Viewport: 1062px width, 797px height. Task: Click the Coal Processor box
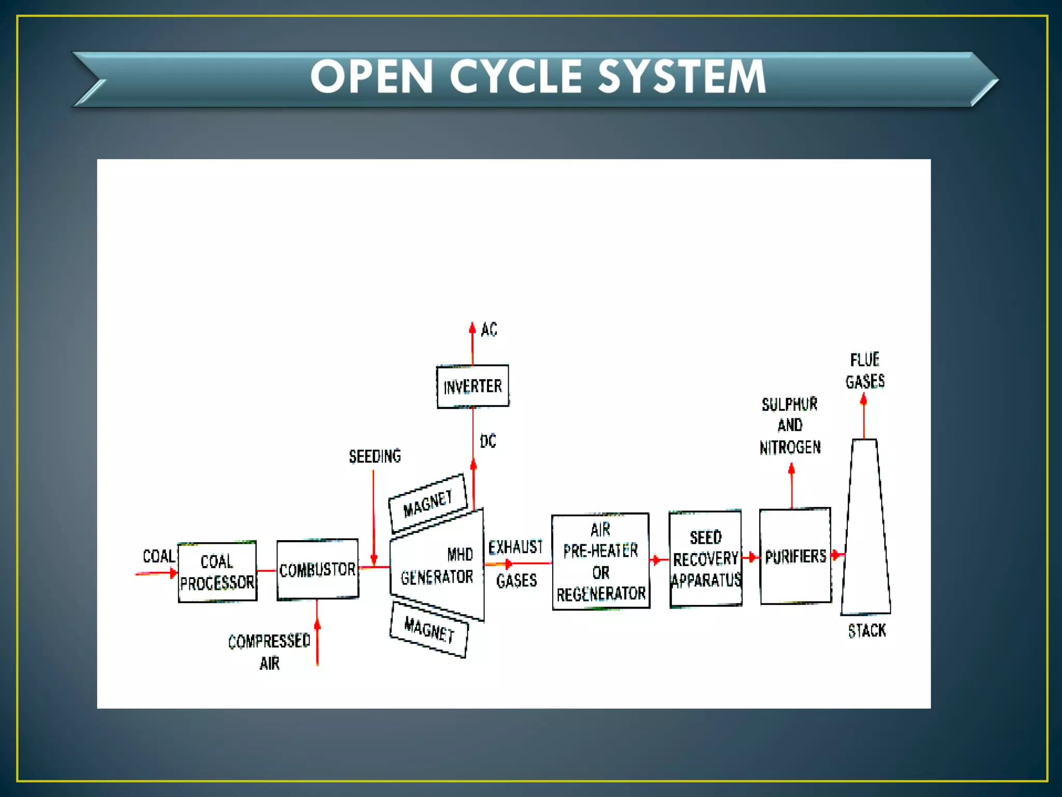point(217,572)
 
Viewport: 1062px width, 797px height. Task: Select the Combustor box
point(317,569)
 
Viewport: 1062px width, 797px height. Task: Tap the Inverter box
point(472,387)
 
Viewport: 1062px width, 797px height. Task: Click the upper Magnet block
point(428,503)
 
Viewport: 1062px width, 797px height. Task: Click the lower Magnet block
point(429,629)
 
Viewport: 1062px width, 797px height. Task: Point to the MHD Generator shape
point(437,566)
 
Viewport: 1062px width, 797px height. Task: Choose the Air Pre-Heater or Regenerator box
point(600,561)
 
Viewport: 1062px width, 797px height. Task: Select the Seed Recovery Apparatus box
point(705,558)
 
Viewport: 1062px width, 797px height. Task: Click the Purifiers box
point(795,556)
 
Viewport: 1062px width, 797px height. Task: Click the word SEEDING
point(375,457)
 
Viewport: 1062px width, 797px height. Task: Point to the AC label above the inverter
point(489,329)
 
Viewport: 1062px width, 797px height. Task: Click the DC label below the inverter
point(488,442)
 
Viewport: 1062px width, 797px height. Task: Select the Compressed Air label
point(269,652)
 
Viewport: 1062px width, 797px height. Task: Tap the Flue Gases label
point(865,371)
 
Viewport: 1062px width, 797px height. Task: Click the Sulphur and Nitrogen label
point(790,425)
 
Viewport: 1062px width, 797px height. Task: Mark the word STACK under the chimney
point(867,631)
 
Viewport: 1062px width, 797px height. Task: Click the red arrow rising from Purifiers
point(791,485)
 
